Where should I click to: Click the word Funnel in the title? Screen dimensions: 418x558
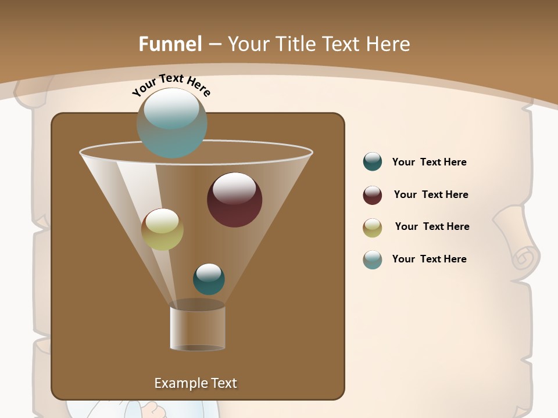click(x=170, y=44)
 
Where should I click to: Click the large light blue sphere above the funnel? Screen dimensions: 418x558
click(x=171, y=122)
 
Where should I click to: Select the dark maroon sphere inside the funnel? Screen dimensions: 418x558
click(x=234, y=200)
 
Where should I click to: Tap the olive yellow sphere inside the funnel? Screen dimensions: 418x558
click(x=162, y=229)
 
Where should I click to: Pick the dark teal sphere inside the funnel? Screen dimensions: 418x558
click(x=209, y=279)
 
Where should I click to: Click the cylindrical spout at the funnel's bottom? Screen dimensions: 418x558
click(x=198, y=327)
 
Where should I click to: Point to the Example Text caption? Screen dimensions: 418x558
click(x=196, y=383)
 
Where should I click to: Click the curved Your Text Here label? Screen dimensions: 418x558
click(x=171, y=85)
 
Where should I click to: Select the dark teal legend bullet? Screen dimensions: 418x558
click(x=373, y=162)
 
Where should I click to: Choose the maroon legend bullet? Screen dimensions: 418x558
click(x=373, y=195)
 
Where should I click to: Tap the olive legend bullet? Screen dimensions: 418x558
click(x=373, y=228)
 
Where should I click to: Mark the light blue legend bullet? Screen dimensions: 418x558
click(x=373, y=260)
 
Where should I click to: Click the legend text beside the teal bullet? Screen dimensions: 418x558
click(x=429, y=162)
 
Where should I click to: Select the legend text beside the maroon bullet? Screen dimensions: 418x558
click(x=431, y=194)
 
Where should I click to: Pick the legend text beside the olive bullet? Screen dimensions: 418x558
click(x=432, y=226)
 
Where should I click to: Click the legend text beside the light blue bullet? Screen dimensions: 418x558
click(x=429, y=259)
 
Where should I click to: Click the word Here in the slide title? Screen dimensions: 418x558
click(x=388, y=44)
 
